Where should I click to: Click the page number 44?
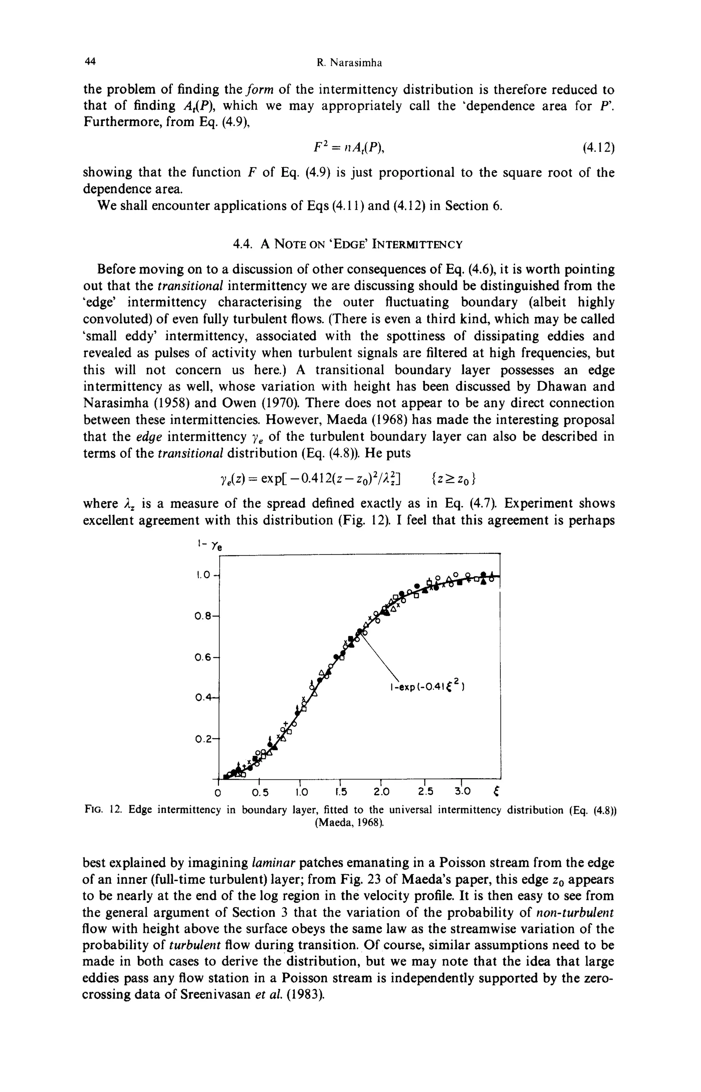[x=90, y=62]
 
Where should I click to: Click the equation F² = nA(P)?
[x=349, y=148]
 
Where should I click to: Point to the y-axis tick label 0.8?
[x=203, y=616]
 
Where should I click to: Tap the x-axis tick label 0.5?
[x=260, y=792]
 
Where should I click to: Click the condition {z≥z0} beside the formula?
[x=453, y=479]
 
